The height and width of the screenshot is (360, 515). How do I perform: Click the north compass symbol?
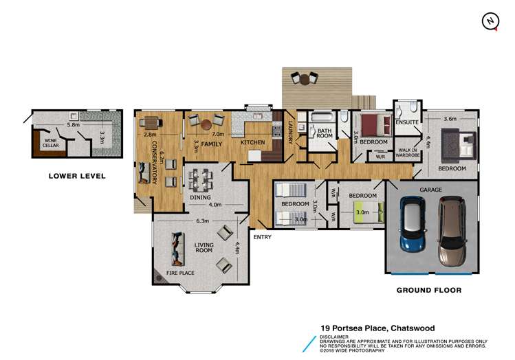(490, 22)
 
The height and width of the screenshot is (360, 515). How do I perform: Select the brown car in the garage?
(452, 231)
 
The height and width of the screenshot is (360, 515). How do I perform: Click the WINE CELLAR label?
(51, 143)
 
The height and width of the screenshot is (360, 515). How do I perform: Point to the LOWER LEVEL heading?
(77, 176)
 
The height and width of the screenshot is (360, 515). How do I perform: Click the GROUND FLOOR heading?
(429, 290)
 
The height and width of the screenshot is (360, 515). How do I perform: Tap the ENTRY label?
(263, 237)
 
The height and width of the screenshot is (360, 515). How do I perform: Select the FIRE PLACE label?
(180, 273)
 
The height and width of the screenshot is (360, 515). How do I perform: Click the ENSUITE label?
(407, 122)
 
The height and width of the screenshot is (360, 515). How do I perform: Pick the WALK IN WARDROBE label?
(408, 153)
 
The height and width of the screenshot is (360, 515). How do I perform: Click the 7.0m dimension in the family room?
(218, 134)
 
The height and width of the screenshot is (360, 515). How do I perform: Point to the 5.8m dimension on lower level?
(74, 125)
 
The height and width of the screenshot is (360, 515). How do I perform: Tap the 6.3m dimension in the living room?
(202, 221)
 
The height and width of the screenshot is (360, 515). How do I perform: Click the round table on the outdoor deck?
(305, 80)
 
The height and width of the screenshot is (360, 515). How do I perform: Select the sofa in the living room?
(177, 249)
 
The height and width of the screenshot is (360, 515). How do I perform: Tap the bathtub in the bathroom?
(322, 117)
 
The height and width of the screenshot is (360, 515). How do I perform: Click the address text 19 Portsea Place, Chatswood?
(377, 328)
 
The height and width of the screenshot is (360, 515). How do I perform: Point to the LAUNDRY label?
(290, 133)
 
